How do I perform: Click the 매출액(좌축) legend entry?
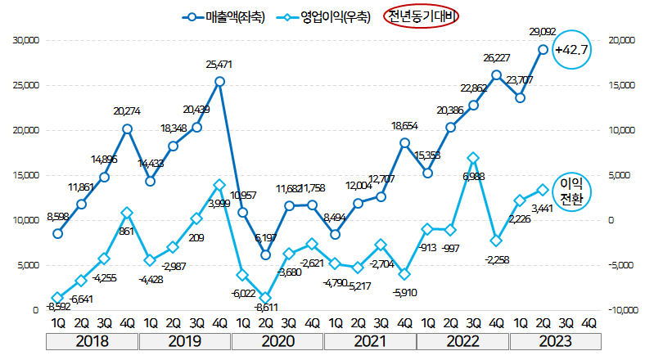pos(217,16)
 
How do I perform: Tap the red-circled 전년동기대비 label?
pos(423,16)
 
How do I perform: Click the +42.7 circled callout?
pos(572,50)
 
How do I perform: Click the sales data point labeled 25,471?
pos(220,81)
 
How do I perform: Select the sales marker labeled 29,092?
pos(543,49)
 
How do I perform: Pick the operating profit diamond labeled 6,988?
pos(473,157)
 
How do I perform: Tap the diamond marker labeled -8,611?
pos(266,298)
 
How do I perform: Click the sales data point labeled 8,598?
pos(58,233)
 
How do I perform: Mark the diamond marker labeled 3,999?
pos(220,185)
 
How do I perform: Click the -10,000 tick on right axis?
pos(621,310)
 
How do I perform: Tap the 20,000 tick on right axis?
pos(619,40)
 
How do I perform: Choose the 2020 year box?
pos(277,340)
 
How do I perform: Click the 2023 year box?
pos(554,340)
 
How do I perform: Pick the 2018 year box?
pos(92,340)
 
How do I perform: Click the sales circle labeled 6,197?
pos(266,254)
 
